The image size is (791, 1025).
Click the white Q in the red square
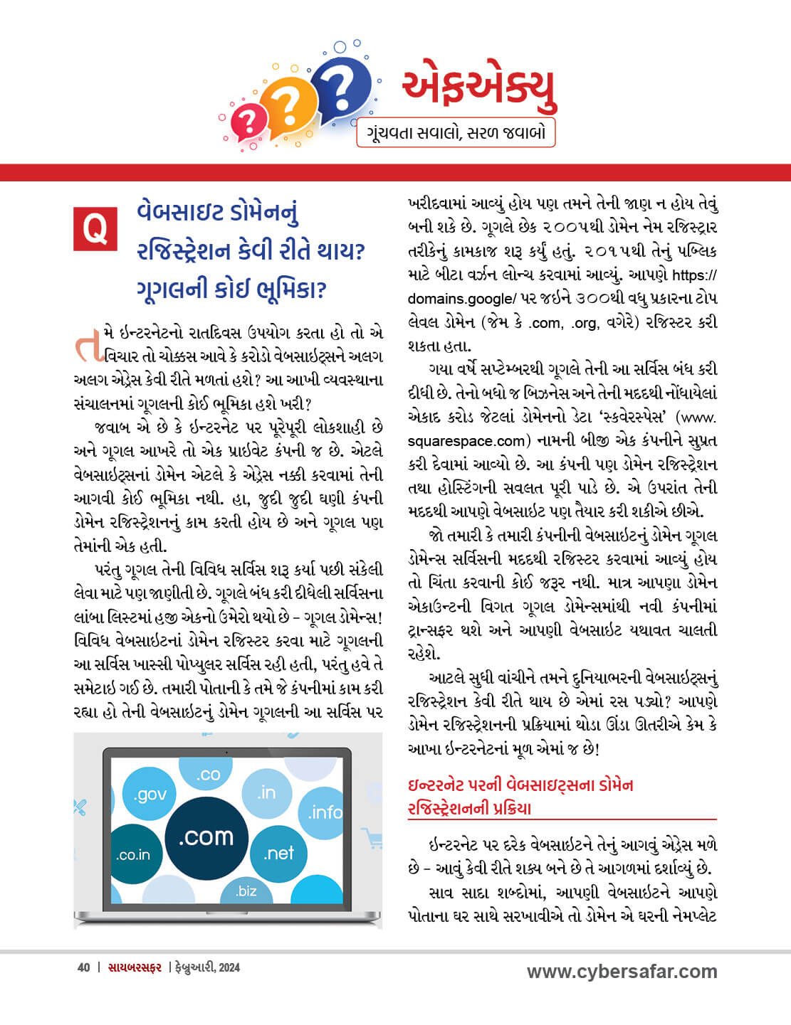click(94, 229)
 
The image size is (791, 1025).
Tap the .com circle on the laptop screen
click(206, 836)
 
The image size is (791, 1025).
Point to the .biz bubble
click(246, 890)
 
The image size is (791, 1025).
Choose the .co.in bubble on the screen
click(133, 854)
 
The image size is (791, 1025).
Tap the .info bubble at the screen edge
click(325, 812)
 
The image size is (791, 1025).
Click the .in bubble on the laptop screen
click(266, 792)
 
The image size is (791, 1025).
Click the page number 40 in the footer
click(83, 967)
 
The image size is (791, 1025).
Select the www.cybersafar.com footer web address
click(622, 972)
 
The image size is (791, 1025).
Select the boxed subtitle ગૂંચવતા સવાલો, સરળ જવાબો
click(456, 133)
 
